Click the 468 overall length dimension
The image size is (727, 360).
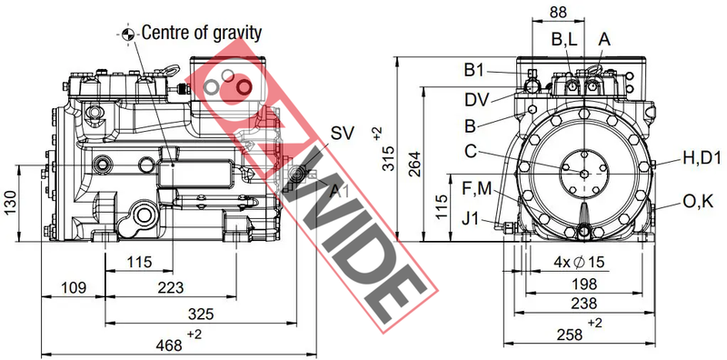(x=169, y=345)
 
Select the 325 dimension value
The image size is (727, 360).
(x=201, y=314)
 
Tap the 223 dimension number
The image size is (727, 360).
(x=171, y=287)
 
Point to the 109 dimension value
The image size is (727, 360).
(x=74, y=287)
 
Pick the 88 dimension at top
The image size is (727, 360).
(x=558, y=12)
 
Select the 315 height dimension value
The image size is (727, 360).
(x=390, y=158)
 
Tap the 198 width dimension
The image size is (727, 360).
(x=583, y=284)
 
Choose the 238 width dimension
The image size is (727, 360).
(x=583, y=304)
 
